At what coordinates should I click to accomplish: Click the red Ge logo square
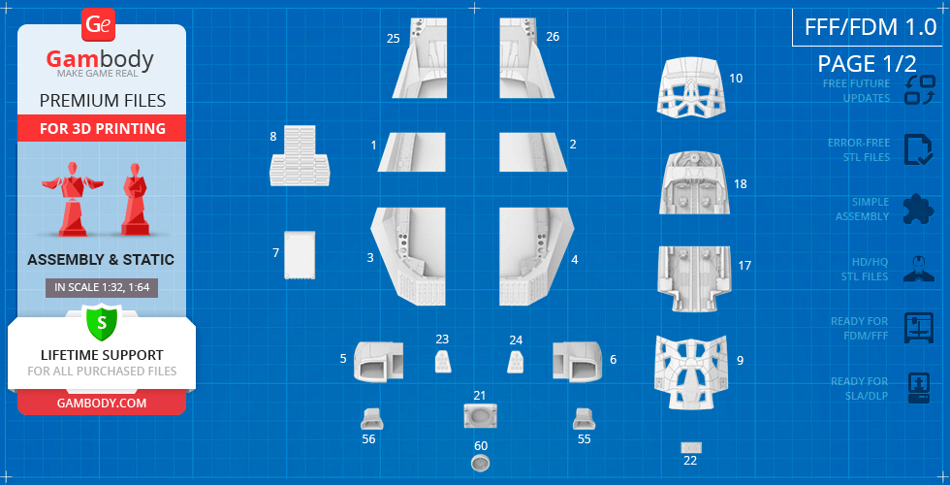pyautogui.click(x=97, y=25)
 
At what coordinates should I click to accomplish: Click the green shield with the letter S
pyautogui.click(x=101, y=323)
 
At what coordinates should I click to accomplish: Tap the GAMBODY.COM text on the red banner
pyautogui.click(x=101, y=403)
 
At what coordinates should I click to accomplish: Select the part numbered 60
pyautogui.click(x=481, y=464)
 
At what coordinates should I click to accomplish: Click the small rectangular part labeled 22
pyautogui.click(x=691, y=447)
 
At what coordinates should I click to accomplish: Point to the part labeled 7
pyautogui.click(x=300, y=254)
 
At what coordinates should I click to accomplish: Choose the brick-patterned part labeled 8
pyautogui.click(x=300, y=156)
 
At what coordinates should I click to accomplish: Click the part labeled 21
pyautogui.click(x=481, y=416)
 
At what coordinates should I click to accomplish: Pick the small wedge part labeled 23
pyautogui.click(x=442, y=361)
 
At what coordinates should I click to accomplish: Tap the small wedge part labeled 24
pyautogui.click(x=516, y=362)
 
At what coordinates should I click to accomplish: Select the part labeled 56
pyautogui.click(x=371, y=419)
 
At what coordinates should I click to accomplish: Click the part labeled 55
pyautogui.click(x=584, y=419)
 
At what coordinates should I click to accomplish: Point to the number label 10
pyautogui.click(x=736, y=79)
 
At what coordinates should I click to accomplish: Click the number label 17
pyautogui.click(x=744, y=266)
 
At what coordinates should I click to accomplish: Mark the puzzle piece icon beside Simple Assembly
pyautogui.click(x=919, y=210)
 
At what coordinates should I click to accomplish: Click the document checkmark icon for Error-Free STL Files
pyautogui.click(x=919, y=149)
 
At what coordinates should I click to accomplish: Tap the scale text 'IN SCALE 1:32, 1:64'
pyautogui.click(x=102, y=288)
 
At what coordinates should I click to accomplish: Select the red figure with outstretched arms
pyautogui.click(x=72, y=198)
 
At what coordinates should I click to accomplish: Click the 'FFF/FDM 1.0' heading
pyautogui.click(x=871, y=27)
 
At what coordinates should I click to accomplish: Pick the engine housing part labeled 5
pyautogui.click(x=379, y=361)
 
